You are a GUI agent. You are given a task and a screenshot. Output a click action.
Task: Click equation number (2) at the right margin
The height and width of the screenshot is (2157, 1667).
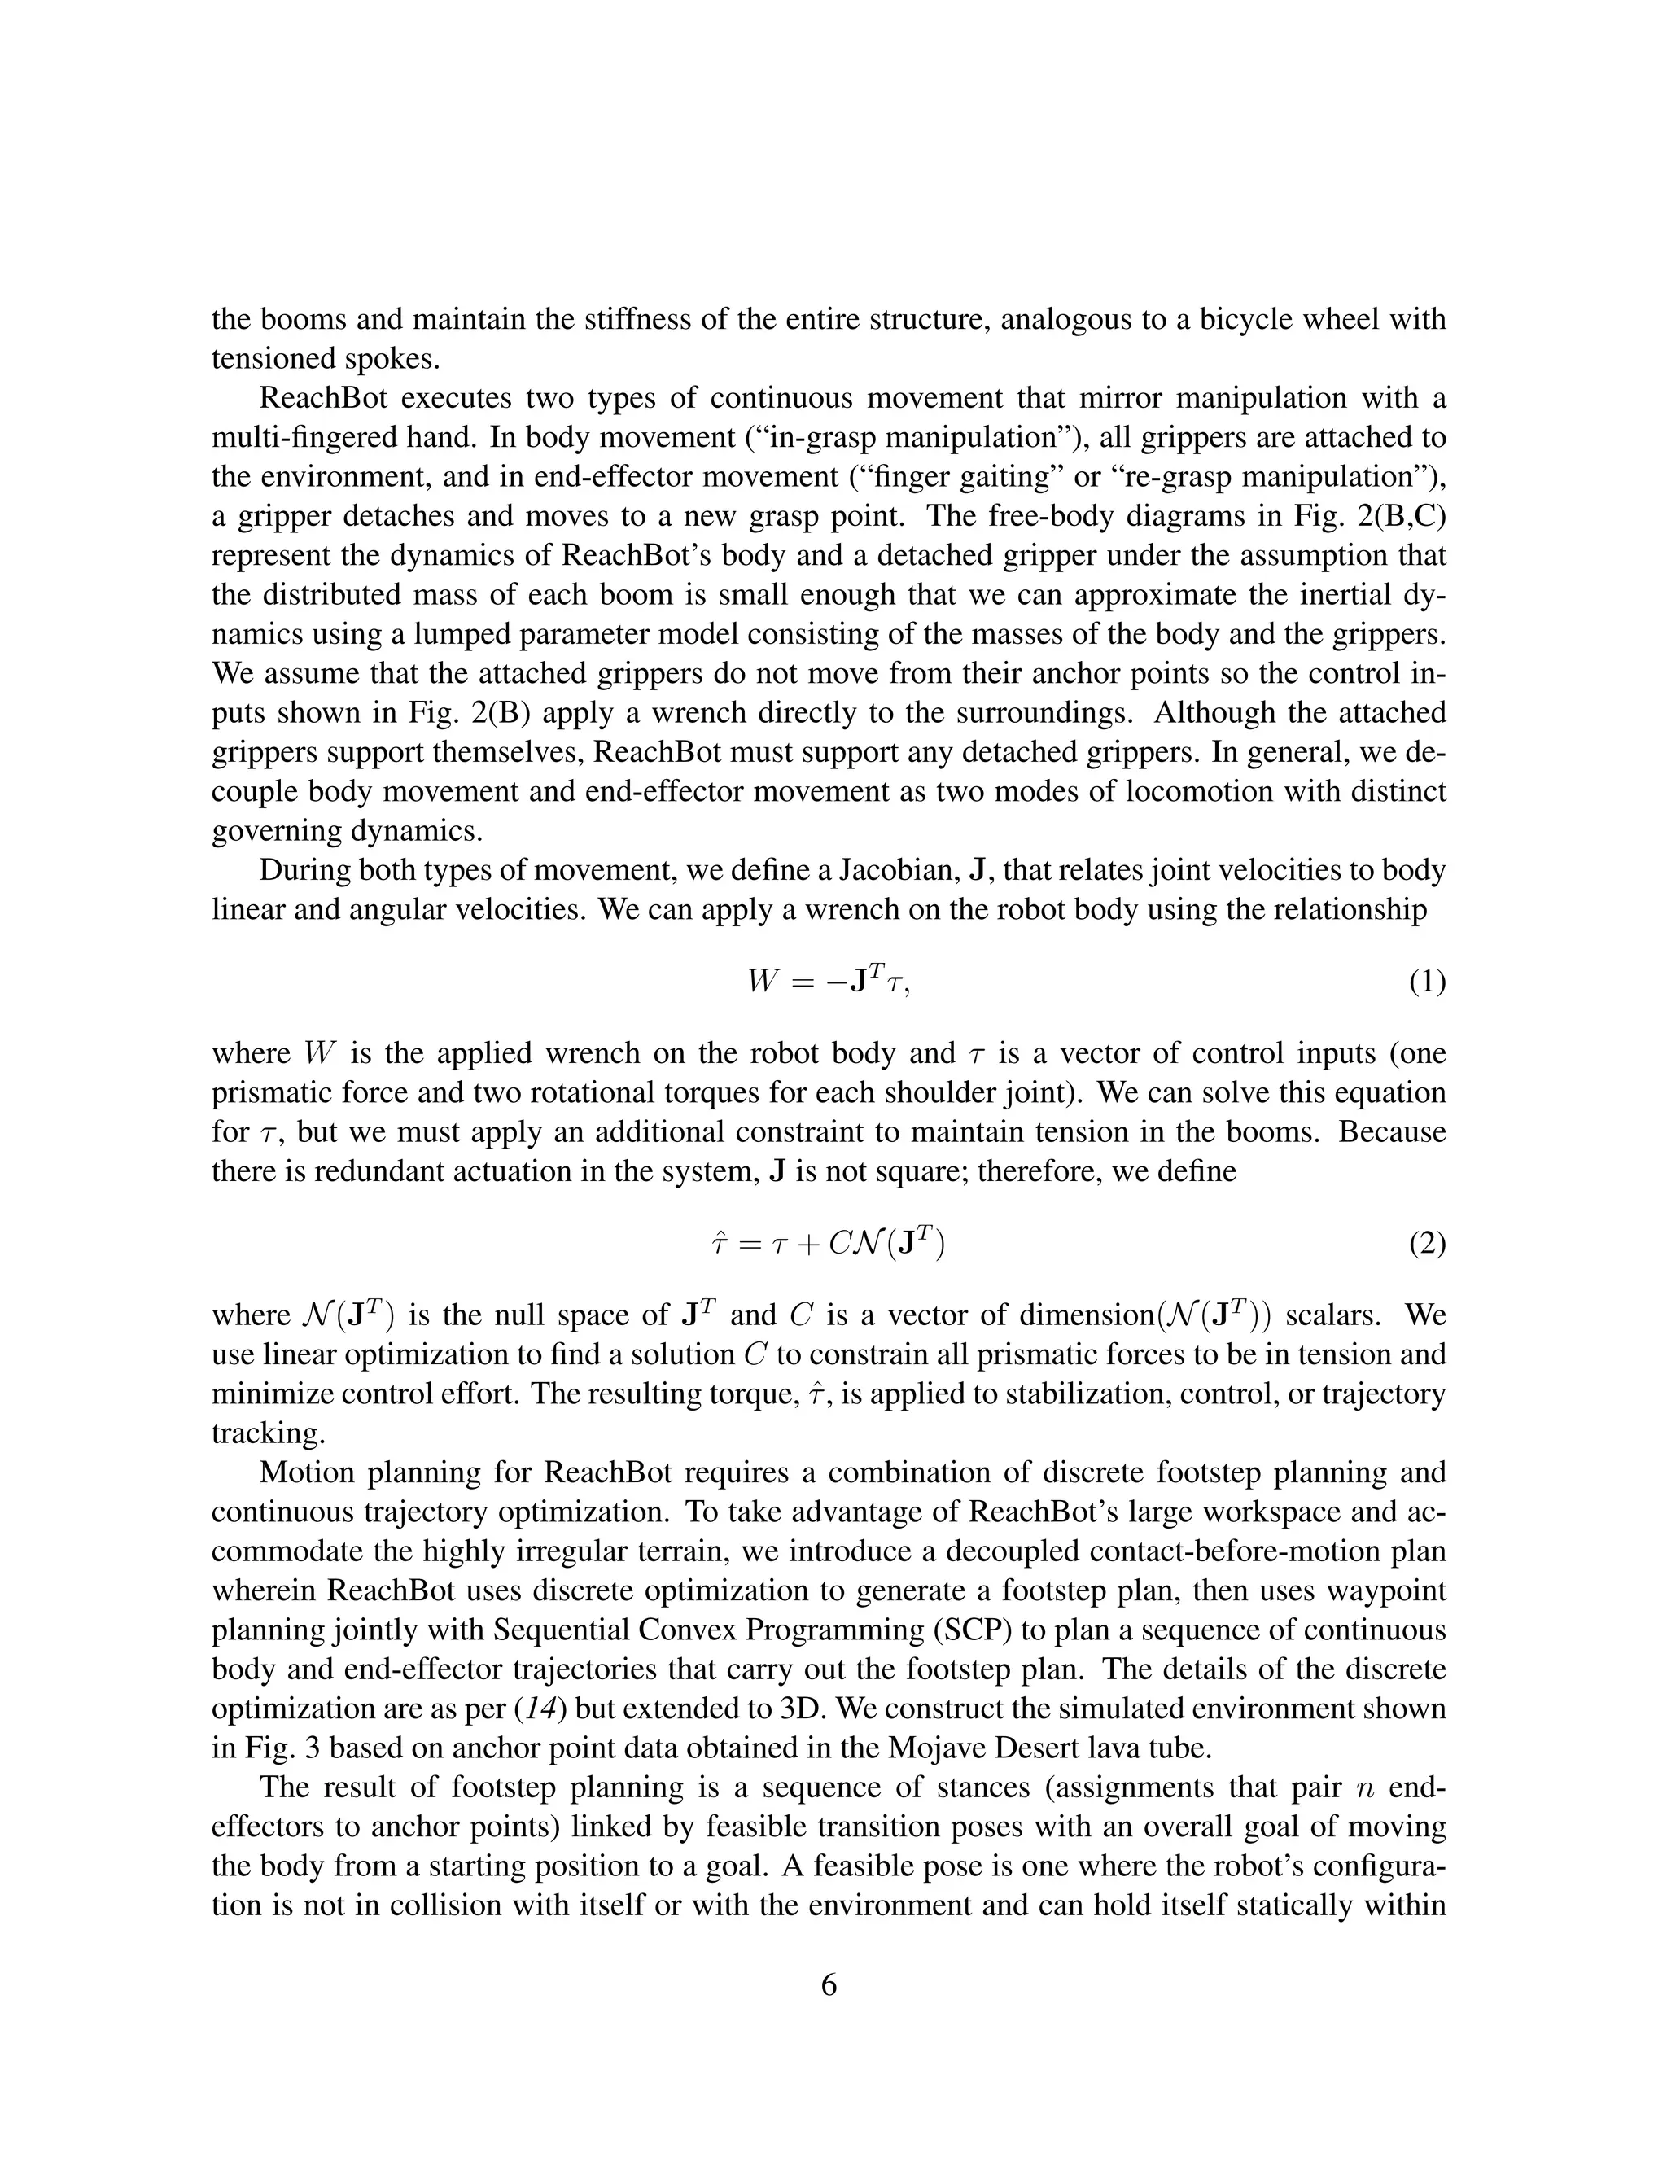(1426, 1245)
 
